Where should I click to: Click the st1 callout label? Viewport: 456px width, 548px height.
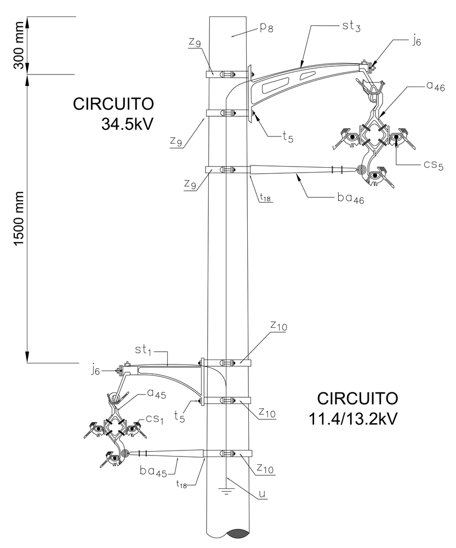(x=145, y=349)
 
